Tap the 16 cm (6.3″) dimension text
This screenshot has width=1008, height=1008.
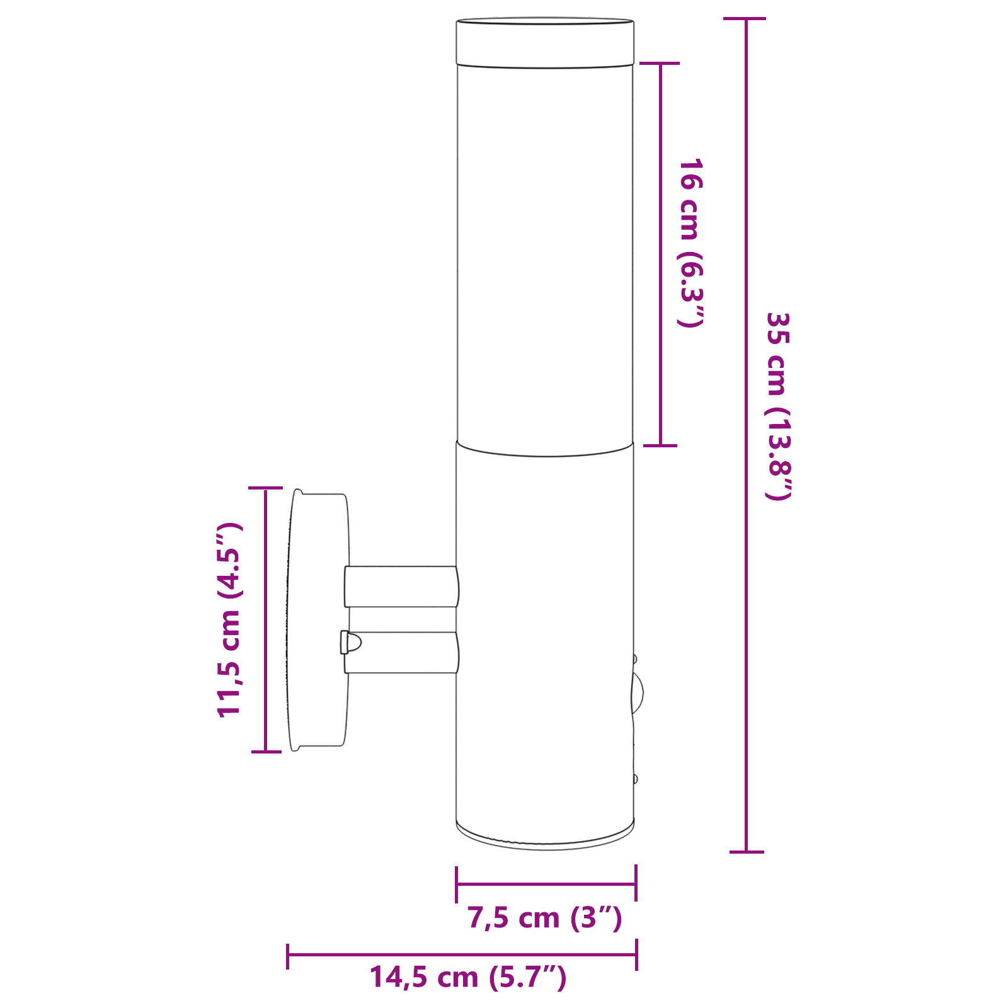tap(690, 243)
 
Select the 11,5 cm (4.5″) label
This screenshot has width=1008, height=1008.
tap(229, 620)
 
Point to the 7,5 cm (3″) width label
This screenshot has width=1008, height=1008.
tap(544, 918)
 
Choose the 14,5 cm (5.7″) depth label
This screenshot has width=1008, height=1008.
tap(467, 977)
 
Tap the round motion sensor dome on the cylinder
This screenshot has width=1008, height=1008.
tap(638, 693)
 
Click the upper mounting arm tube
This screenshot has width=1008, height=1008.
tap(401, 587)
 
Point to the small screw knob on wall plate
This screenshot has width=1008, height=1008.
tap(350, 643)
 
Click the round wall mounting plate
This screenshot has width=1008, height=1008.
tap(318, 621)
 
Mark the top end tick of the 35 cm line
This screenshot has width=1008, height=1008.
tap(745, 19)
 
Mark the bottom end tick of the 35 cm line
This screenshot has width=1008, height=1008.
tap(747, 852)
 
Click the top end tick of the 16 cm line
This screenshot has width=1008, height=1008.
tap(660, 63)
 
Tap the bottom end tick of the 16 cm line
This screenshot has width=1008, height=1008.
tap(660, 445)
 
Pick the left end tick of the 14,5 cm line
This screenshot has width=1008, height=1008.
tap(288, 955)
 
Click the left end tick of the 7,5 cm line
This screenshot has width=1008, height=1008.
tap(456, 884)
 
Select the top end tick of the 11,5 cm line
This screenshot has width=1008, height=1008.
tap(265, 488)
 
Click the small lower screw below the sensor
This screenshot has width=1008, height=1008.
tap(635, 779)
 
